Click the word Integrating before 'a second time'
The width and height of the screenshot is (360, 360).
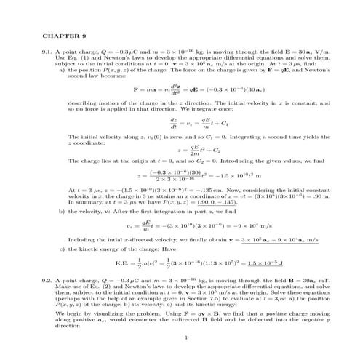pyautogui.click(x=228, y=137)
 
